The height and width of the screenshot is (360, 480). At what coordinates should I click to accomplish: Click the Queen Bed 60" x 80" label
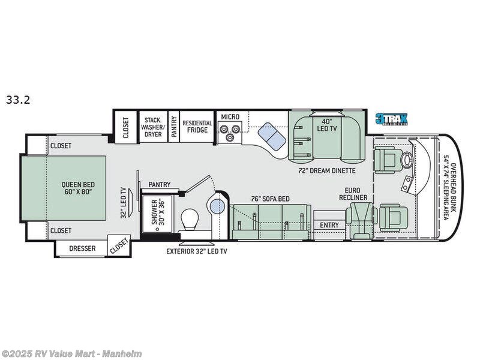pos(77,189)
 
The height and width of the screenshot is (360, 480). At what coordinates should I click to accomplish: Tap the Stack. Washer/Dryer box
pos(152,127)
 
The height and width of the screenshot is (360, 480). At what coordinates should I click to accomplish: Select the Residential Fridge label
pos(197,126)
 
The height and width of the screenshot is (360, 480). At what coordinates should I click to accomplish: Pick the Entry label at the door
pos(329,225)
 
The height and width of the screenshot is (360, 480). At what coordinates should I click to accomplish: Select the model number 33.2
pos(18,100)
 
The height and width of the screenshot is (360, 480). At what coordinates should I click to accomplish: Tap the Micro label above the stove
pos(230,116)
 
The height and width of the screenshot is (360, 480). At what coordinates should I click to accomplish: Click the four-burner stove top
pos(230,131)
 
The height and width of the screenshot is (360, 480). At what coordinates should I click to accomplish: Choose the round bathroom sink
pos(217,207)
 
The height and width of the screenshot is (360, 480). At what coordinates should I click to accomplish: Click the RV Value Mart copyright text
pos(71,353)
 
